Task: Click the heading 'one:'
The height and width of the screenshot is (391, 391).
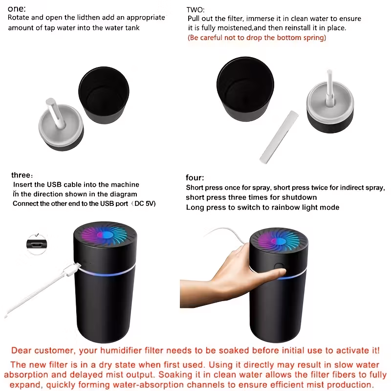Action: pos(17,9)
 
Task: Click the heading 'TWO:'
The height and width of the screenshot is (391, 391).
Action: pos(195,10)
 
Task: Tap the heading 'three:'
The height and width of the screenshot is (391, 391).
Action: pos(22,175)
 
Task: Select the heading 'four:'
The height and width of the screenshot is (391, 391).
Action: pos(195,177)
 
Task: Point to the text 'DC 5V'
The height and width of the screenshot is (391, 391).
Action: pos(144,203)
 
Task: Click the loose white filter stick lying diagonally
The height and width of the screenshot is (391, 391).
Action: pos(279,137)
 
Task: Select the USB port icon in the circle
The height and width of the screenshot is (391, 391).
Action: pos(37,244)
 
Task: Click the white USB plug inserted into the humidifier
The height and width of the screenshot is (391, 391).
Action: pos(72,270)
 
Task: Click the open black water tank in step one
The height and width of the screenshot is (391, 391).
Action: pos(104,95)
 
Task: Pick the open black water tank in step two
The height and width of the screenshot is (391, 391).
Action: pos(245,89)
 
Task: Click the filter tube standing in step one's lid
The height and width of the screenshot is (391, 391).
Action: pos(55,113)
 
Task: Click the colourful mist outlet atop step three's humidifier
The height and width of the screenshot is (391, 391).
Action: pos(105,235)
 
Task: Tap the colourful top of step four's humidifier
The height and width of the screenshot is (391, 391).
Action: pos(278,241)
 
